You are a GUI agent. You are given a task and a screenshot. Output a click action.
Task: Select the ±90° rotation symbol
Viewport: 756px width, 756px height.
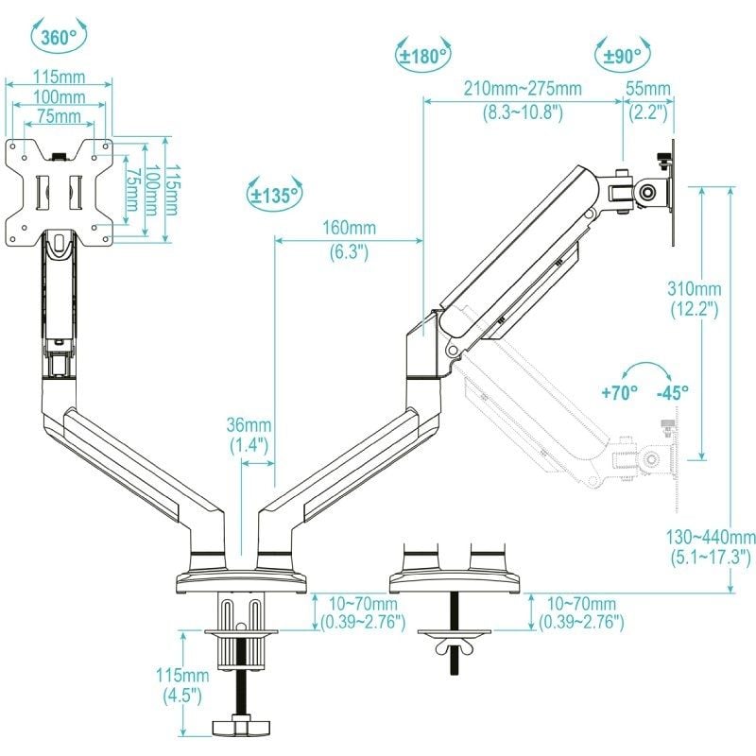point(622,56)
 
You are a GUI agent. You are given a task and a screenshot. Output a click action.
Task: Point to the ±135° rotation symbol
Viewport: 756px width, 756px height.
point(274,196)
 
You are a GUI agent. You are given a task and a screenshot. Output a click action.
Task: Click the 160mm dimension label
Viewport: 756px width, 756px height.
point(349,229)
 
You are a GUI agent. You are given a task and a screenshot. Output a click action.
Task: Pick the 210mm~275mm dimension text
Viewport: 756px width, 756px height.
point(522,89)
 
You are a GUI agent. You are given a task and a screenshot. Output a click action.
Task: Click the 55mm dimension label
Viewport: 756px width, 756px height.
point(649,89)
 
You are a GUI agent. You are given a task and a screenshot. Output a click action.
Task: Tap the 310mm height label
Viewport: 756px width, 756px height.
point(696,288)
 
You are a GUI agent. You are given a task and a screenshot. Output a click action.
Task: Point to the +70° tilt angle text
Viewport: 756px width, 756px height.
point(619,391)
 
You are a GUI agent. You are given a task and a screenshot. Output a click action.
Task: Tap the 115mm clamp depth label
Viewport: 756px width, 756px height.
point(183,676)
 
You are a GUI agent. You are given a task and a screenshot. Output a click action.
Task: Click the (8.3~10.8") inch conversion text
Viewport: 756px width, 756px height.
point(522,112)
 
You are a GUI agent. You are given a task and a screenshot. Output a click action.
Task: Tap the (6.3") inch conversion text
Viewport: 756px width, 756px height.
point(349,251)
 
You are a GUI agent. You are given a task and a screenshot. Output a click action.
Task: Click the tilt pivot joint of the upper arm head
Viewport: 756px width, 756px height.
point(648,190)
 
